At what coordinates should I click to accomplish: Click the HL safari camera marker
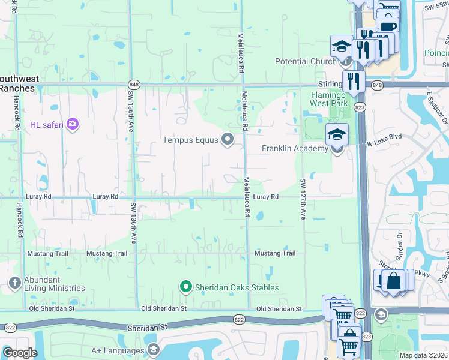click(73, 124)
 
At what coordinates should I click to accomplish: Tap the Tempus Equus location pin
click(228, 139)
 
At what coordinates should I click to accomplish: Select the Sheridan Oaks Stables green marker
click(186, 287)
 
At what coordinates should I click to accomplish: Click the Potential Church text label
click(306, 61)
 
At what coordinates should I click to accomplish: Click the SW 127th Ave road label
click(303, 199)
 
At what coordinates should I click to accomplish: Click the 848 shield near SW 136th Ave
click(133, 85)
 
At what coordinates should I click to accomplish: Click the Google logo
click(20, 353)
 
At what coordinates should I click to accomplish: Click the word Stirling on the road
click(330, 85)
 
